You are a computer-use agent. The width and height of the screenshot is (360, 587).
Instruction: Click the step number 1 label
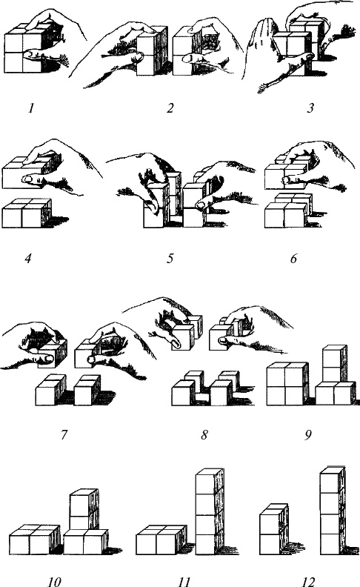(x=31, y=108)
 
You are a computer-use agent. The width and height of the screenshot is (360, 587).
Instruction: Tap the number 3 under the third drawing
(x=310, y=108)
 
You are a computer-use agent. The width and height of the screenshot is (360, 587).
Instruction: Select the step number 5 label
(x=170, y=259)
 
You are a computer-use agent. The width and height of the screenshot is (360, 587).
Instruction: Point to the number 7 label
(x=64, y=435)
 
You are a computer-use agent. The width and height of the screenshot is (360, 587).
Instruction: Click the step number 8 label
(x=204, y=435)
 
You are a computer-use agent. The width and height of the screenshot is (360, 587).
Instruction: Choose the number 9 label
(x=308, y=435)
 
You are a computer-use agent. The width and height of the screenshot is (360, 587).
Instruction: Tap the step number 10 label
(x=54, y=581)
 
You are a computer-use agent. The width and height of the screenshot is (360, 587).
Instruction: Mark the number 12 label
(x=308, y=581)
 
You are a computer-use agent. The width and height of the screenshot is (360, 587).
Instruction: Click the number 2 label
(x=170, y=108)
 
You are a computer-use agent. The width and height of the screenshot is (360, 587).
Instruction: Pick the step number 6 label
(x=294, y=259)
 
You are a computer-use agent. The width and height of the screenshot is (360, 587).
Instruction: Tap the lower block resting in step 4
(x=27, y=213)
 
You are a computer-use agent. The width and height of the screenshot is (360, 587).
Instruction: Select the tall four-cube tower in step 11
(x=210, y=511)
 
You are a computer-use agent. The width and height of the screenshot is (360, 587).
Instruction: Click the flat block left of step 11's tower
(x=161, y=540)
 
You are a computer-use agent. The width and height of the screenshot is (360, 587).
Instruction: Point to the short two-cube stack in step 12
(x=274, y=529)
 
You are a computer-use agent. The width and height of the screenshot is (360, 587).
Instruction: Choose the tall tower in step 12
(x=333, y=510)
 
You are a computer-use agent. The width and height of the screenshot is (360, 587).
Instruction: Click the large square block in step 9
(x=287, y=384)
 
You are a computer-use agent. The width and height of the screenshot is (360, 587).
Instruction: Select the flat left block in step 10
(x=34, y=540)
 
